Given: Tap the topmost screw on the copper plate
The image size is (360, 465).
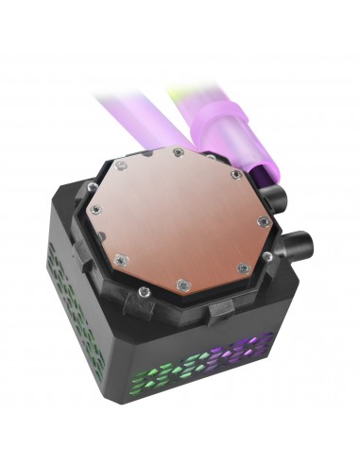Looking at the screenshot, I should point(178,151).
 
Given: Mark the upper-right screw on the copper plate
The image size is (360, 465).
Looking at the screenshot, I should point(235,173).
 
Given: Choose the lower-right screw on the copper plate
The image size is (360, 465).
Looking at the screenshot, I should point(243,269).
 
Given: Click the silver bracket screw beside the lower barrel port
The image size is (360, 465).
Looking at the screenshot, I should point(268,256).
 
